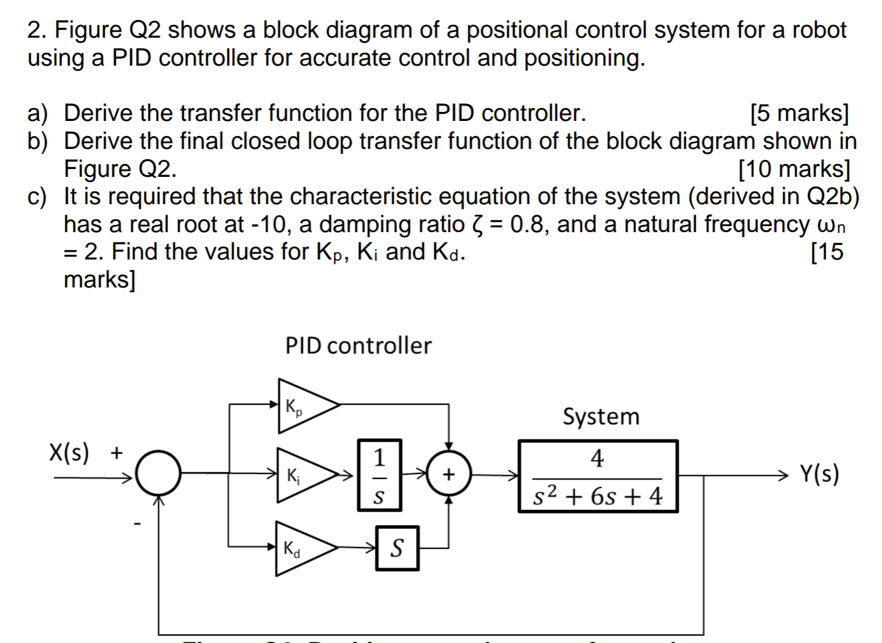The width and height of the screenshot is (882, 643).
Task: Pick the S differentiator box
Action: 397,548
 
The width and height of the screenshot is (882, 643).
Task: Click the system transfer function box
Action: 597,476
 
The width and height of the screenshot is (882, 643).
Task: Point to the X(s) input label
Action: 69,453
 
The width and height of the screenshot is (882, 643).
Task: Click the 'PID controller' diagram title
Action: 358,346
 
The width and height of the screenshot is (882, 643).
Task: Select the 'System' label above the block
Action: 601,417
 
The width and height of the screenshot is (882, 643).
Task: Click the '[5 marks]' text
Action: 799,113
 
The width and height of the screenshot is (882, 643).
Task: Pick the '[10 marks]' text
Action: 793,169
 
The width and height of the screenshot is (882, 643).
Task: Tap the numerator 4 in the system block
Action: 597,459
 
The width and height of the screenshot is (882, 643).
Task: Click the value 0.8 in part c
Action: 530,225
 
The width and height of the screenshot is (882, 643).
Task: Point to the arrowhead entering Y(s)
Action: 785,475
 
